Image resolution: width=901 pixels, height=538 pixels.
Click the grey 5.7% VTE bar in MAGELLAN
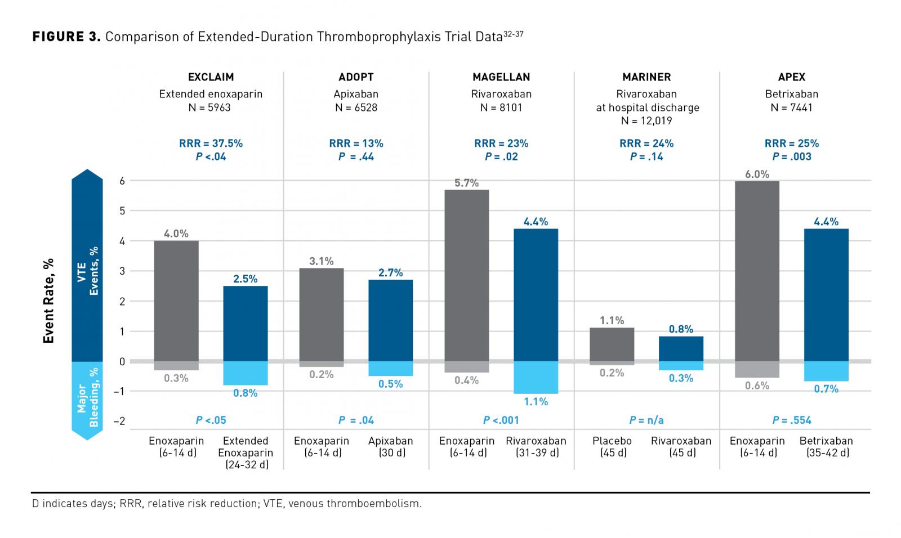pos(467,275)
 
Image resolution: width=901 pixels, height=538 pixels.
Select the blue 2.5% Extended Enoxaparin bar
pos(246,323)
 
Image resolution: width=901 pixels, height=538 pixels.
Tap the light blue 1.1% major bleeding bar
pos(536,377)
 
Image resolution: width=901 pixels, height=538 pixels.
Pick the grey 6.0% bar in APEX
pos(757,271)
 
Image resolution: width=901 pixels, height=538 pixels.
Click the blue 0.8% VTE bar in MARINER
pos(681,348)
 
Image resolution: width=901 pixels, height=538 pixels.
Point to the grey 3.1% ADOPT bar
pos(322,315)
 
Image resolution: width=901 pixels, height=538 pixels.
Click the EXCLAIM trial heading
pos(211,77)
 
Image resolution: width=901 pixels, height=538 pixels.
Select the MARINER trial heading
pos(646,77)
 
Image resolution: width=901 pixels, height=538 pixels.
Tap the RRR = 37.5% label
pos(211,144)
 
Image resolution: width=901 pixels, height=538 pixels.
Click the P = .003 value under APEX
pos(792,157)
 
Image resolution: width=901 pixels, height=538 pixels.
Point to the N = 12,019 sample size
pos(646,120)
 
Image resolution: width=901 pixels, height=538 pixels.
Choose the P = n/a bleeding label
pos(646,420)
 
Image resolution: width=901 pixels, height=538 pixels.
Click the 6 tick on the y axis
pos(121,181)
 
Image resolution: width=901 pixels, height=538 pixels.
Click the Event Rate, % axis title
pos(49,301)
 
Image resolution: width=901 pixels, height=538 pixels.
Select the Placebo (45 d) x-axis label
pos(612,447)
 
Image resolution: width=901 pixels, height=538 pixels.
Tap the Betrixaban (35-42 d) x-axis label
pos(826,447)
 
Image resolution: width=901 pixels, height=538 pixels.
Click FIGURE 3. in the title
pos(66,37)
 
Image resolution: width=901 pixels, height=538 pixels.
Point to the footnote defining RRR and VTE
pos(226,504)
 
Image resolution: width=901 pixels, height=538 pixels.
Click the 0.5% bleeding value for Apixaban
pos(391,384)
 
